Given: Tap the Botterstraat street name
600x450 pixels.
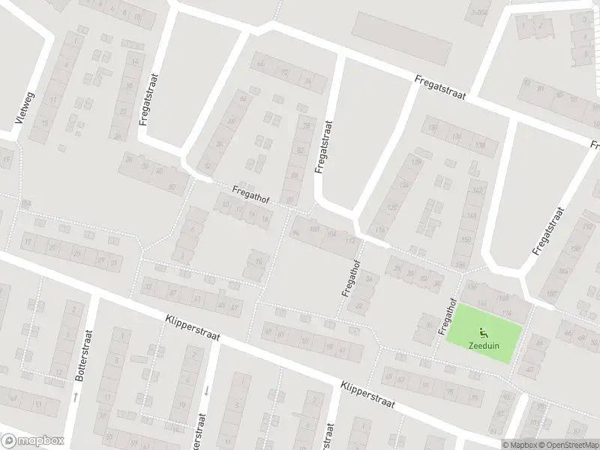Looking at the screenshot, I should click(88, 355).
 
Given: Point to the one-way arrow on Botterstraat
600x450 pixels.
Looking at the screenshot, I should click(76, 395).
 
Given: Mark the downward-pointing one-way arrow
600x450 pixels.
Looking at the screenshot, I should click(205, 390).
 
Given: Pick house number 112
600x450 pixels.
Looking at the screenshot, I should click(349, 241).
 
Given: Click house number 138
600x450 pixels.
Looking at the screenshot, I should click(481, 145).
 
